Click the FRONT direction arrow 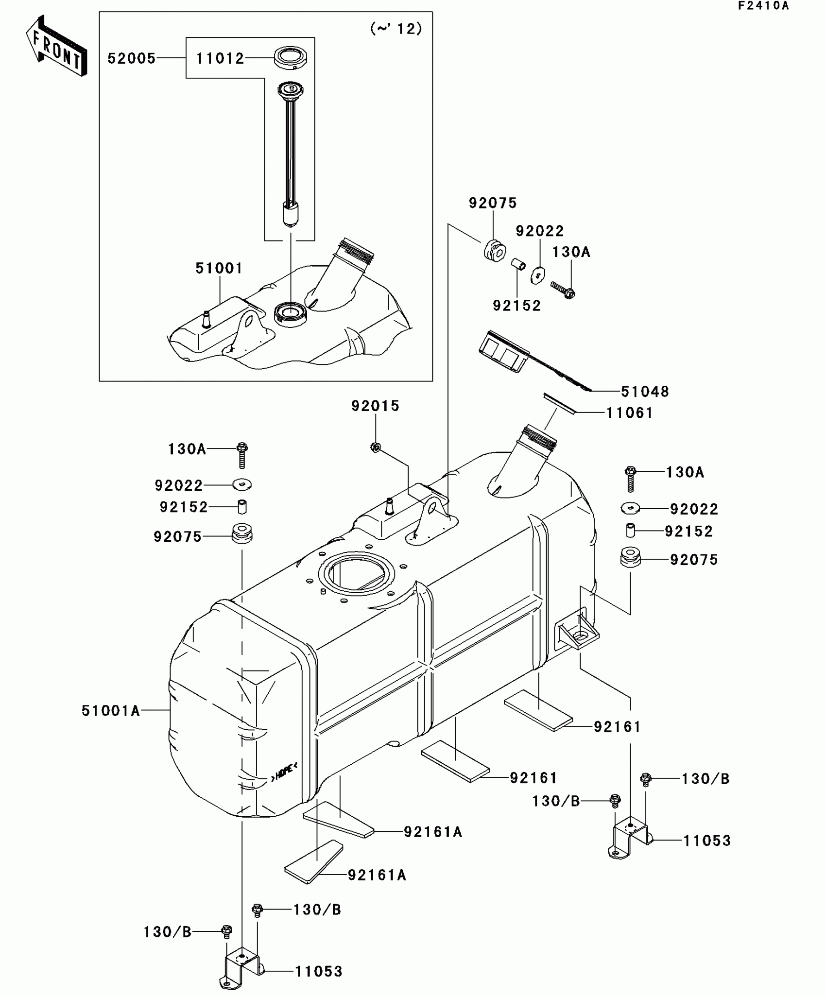click(56, 46)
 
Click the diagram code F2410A click(763, 6)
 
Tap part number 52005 click(131, 59)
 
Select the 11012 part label click(220, 59)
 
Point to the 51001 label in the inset click(219, 268)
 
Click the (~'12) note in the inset click(396, 29)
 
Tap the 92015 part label click(375, 406)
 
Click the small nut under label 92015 click(375, 447)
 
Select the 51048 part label click(645, 391)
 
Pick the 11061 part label click(630, 413)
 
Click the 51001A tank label click(111, 711)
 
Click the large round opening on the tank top click(357, 574)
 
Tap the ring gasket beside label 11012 click(291, 58)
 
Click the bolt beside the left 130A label click(242, 454)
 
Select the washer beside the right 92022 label click(631, 508)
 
